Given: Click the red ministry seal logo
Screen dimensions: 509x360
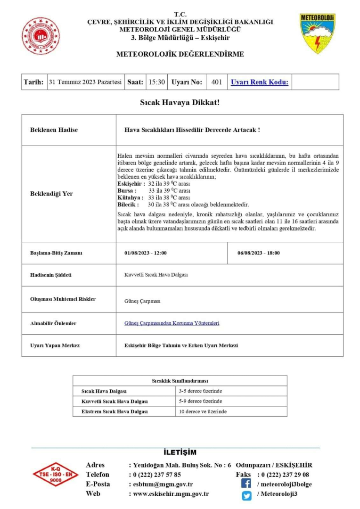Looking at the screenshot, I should pos(41,36).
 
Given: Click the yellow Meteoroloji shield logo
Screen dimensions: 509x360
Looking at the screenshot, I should pos(317,33).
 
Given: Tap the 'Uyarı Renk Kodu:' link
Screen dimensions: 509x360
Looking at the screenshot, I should pos(259,82).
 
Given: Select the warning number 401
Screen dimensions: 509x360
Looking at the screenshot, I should pos(217,82).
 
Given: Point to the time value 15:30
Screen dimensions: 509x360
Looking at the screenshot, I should pos(156,82).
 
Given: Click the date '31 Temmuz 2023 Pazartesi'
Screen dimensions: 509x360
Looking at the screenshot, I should pos(85,82).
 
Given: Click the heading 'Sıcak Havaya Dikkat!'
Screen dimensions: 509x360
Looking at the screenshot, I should pos(180,102).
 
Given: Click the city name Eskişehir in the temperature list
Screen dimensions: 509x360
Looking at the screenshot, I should pos(129,183).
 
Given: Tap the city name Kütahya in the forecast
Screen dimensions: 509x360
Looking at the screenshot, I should pos(128,197).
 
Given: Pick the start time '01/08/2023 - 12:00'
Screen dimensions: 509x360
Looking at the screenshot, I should pos(145,253).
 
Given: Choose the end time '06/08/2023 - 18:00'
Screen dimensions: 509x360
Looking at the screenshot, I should pos(259,253).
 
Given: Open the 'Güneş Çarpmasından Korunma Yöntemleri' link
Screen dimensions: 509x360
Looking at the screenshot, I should pos(172,323).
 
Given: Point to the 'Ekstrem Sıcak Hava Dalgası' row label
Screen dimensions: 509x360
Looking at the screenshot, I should pos(115,411).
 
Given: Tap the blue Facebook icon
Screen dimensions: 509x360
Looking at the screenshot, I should pos(246,484).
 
